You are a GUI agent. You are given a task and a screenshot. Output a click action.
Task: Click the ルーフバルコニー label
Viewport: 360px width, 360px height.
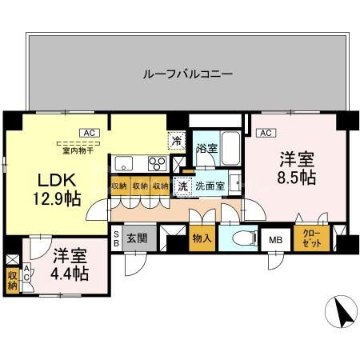click(x=188, y=74)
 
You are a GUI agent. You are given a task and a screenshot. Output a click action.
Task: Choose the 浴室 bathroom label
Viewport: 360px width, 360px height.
click(x=207, y=147)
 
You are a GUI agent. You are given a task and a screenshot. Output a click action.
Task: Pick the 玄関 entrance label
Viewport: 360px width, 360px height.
click(x=137, y=238)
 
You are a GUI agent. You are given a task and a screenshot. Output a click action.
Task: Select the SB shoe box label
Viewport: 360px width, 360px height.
click(x=116, y=238)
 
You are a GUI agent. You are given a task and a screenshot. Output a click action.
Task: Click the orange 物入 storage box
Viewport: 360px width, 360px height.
click(x=202, y=238)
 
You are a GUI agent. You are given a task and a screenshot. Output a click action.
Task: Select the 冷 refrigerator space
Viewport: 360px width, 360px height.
click(x=176, y=141)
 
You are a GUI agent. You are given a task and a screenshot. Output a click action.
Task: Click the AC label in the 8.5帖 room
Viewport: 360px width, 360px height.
click(x=266, y=133)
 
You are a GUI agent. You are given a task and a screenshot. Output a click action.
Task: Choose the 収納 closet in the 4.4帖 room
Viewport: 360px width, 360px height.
click(x=12, y=280)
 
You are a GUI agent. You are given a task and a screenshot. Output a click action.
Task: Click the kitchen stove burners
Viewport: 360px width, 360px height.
click(x=157, y=164)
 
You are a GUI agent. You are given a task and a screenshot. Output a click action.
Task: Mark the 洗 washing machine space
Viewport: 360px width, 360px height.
click(x=183, y=186)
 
